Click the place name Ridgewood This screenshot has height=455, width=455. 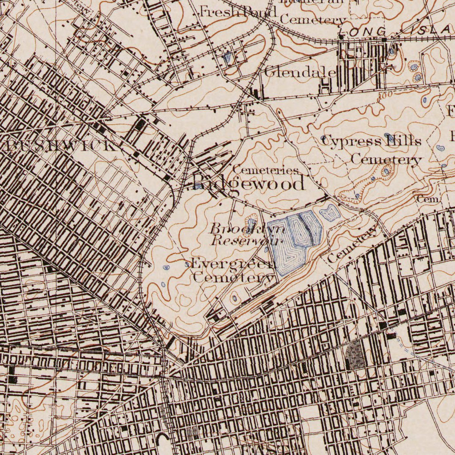(x=249, y=183)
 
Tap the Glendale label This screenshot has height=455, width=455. (x=300, y=72)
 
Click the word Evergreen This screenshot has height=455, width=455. (x=233, y=263)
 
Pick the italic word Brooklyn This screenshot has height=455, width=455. (x=247, y=229)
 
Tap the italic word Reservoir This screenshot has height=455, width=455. (x=246, y=241)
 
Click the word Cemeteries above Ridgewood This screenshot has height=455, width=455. (x=265, y=170)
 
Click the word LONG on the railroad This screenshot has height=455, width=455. (x=363, y=32)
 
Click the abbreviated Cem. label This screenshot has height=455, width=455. (x=428, y=200)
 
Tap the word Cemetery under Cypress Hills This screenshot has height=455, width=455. (x=386, y=159)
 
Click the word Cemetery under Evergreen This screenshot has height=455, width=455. (x=234, y=278)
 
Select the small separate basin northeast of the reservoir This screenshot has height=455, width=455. (x=330, y=214)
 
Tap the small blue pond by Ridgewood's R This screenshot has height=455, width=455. (x=197, y=187)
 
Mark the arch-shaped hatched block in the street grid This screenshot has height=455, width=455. (x=356, y=355)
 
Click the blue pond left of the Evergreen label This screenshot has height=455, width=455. (x=166, y=268)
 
